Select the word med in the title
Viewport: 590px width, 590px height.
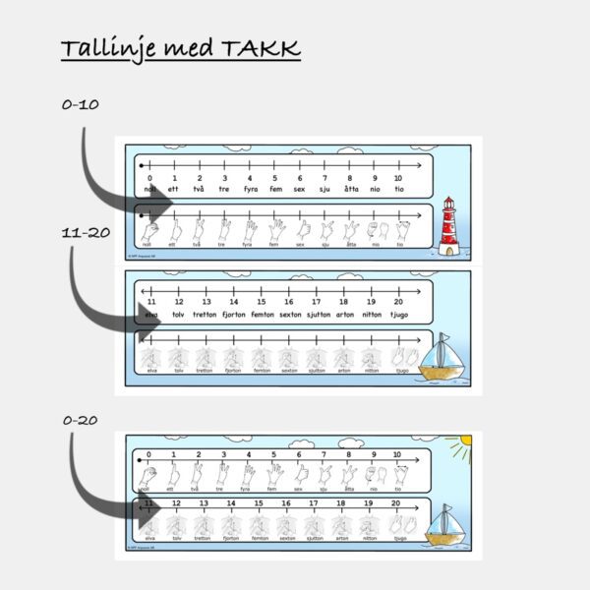(x=182, y=48)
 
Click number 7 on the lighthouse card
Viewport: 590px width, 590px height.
(x=324, y=151)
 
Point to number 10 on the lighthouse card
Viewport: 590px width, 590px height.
(x=398, y=151)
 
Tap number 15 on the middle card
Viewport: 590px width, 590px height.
(x=261, y=302)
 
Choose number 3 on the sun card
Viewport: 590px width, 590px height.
(x=223, y=455)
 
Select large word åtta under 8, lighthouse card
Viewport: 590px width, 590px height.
(x=350, y=188)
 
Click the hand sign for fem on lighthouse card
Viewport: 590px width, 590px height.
(x=273, y=229)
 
